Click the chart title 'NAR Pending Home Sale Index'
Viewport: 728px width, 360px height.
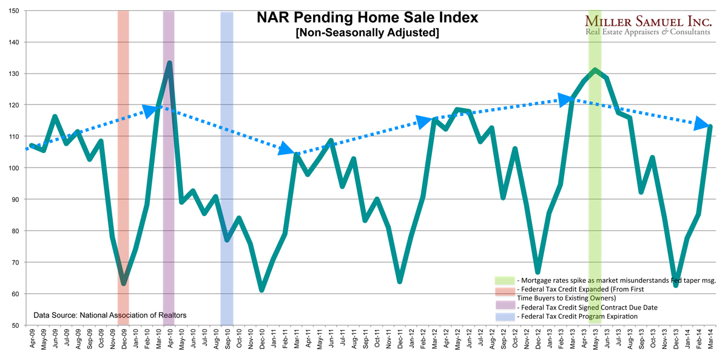[x=366, y=18]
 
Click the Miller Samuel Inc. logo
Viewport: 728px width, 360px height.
[x=647, y=25]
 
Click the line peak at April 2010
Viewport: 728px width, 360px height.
[x=169, y=63]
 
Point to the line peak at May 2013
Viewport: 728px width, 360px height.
[x=596, y=70]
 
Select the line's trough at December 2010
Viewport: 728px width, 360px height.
[x=261, y=290]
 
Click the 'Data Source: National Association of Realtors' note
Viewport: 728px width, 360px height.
[x=110, y=315]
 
